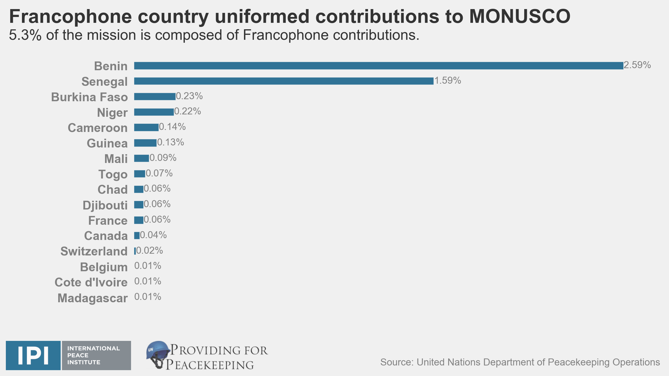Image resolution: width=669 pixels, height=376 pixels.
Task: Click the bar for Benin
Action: tap(379, 66)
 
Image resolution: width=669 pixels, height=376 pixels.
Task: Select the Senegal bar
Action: tap(284, 81)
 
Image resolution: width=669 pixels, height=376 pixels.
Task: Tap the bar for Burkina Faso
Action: tap(155, 97)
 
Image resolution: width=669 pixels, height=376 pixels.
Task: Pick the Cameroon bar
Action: tap(146, 128)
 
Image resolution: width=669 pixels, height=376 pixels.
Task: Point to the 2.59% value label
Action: tap(637, 65)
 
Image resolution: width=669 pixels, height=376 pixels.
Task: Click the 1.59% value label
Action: tap(448, 80)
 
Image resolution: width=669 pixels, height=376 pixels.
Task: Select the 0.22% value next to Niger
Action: tap(188, 111)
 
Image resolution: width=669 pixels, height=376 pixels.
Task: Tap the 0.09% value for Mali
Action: tap(163, 158)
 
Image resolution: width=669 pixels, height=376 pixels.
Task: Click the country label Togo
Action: tap(113, 174)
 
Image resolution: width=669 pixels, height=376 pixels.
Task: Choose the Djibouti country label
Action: tap(105, 205)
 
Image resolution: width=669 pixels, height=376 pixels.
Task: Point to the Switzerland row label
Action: tap(94, 251)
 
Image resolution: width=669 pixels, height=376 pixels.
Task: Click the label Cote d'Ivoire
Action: tap(91, 282)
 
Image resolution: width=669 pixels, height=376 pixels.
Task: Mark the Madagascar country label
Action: tap(92, 298)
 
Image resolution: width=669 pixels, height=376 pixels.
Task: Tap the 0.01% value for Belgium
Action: tap(148, 266)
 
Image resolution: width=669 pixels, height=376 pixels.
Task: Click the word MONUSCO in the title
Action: tap(520, 16)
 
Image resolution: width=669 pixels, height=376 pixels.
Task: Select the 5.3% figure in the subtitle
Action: tap(25, 35)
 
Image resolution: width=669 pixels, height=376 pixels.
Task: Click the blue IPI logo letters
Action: tap(33, 356)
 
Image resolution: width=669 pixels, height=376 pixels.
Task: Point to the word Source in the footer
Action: tap(397, 362)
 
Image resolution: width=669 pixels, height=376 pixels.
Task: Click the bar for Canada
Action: tap(137, 236)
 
